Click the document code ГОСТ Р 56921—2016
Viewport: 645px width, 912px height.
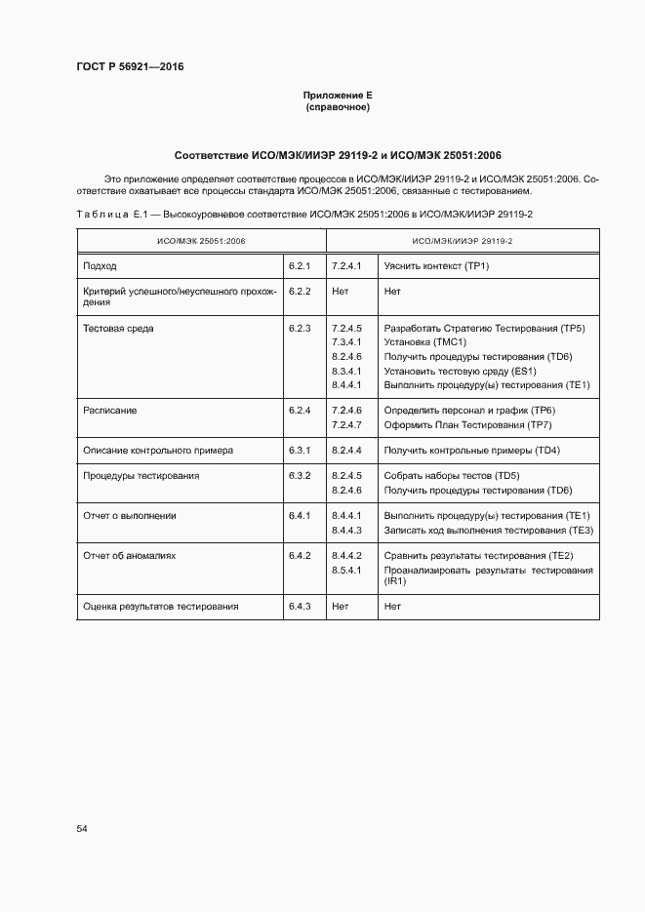click(129, 66)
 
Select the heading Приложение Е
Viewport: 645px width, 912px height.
click(338, 95)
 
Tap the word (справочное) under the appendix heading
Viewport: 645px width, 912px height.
click(338, 107)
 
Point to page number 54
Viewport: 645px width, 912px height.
click(82, 828)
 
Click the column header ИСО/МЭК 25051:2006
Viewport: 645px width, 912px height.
click(202, 240)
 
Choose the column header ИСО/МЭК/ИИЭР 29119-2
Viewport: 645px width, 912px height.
click(463, 240)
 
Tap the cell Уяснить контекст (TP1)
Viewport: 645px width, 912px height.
click(436, 265)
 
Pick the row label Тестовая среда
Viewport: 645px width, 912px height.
click(118, 329)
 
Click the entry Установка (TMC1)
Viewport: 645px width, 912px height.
click(425, 342)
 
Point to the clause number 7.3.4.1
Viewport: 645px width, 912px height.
click(346, 342)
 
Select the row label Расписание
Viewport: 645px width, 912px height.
click(110, 411)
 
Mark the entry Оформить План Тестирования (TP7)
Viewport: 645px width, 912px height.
click(468, 425)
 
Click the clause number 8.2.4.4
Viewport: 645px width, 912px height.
click(346, 451)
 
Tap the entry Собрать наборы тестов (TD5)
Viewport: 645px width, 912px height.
click(452, 475)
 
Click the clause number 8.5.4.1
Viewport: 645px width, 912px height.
click(346, 569)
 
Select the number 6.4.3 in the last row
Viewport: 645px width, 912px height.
click(299, 606)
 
